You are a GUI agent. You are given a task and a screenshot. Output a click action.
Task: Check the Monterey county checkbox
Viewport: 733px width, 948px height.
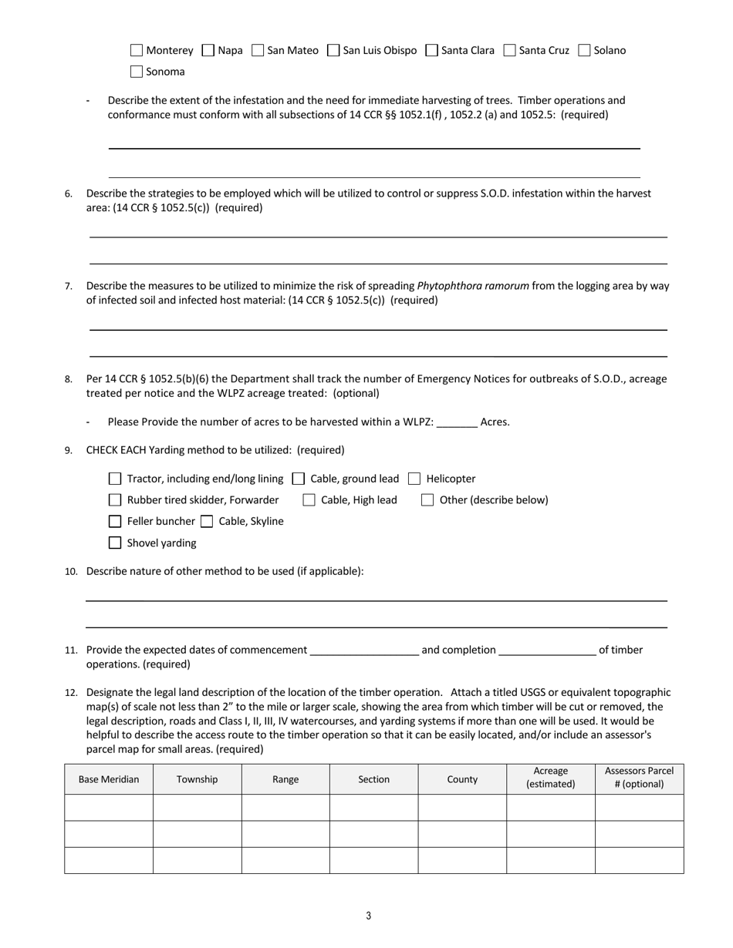(137, 50)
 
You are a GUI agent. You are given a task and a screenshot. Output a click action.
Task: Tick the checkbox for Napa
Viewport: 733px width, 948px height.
(208, 50)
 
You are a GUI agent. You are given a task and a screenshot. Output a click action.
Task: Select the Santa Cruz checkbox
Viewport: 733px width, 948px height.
(509, 50)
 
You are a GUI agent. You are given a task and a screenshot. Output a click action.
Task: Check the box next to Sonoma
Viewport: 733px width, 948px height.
(137, 72)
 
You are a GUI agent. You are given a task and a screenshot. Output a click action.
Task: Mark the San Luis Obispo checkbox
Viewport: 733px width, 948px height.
(333, 50)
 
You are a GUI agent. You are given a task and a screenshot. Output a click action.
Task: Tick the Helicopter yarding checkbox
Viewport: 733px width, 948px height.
(414, 479)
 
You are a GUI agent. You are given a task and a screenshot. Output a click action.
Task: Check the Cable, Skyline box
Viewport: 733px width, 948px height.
(207, 522)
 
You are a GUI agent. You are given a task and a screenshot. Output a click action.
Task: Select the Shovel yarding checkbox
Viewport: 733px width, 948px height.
(115, 543)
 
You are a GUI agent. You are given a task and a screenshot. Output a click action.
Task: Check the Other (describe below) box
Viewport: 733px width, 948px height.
(427, 500)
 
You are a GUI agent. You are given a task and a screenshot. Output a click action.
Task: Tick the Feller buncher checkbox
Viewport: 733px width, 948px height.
(115, 522)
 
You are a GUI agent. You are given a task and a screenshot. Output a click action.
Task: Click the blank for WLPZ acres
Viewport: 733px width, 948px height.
(457, 422)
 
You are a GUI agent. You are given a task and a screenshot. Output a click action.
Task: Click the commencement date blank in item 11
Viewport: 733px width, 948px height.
(363, 650)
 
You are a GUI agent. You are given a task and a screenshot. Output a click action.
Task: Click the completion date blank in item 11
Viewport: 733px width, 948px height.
(547, 650)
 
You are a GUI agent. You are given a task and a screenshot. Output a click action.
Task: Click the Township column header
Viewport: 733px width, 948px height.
(197, 779)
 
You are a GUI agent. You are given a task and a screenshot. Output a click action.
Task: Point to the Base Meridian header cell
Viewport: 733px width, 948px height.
(109, 779)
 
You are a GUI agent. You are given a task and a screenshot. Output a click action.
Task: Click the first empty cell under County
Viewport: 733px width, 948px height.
(462, 808)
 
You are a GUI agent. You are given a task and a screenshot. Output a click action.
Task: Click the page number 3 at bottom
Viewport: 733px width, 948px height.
(368, 916)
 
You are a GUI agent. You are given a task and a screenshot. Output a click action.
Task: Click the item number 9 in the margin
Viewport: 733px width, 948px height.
(69, 451)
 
